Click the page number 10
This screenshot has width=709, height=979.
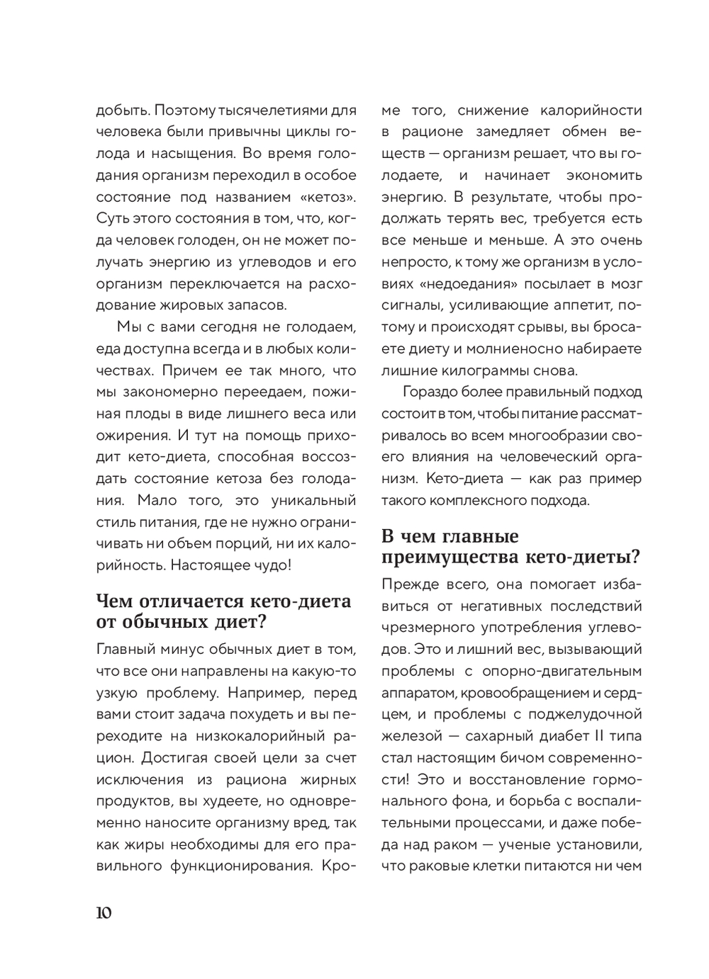104,912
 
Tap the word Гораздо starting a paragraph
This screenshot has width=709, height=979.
429,392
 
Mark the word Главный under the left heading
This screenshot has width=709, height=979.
123,650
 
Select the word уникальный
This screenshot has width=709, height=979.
313,500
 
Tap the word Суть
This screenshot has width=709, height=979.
111,219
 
